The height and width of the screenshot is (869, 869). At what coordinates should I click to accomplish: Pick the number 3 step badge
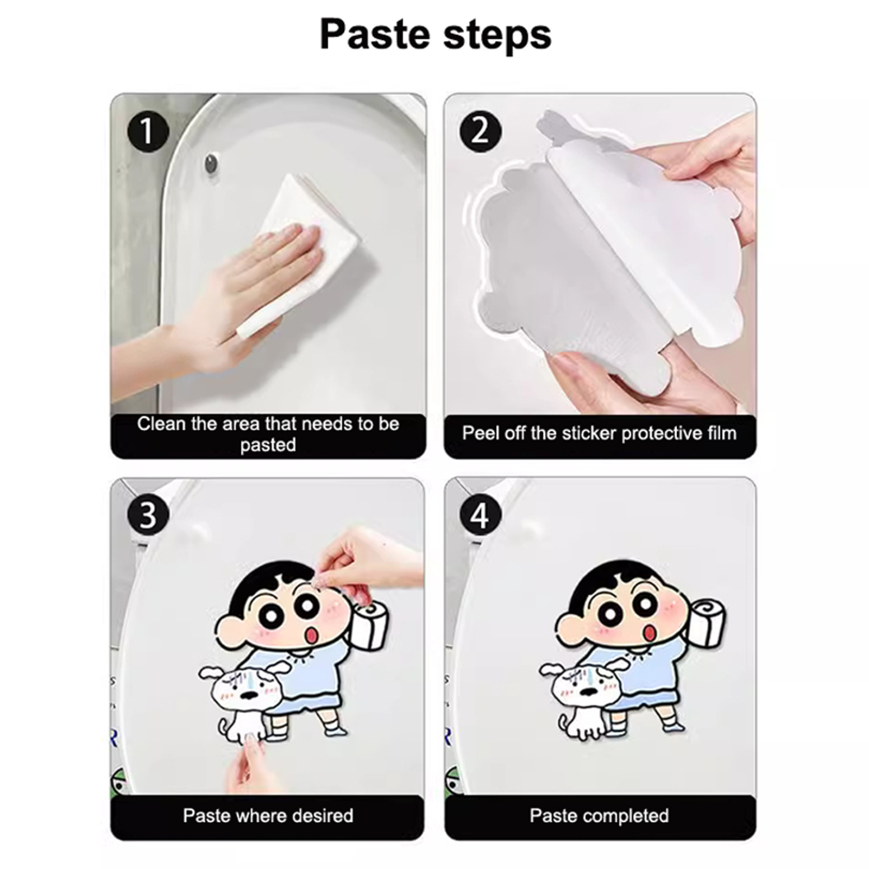148,515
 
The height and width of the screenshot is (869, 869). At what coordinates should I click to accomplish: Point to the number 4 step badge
481,515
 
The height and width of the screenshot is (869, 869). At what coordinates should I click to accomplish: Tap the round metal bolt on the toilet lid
211,162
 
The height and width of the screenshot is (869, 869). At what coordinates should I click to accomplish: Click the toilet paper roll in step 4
706,622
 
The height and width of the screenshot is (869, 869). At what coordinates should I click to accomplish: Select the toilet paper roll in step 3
371,625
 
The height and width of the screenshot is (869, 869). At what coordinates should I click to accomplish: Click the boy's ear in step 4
568,631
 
